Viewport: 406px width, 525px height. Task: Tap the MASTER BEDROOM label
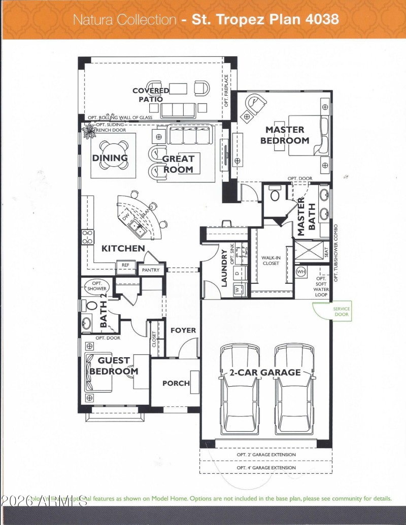coord(285,135)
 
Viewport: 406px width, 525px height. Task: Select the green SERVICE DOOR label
coord(341,311)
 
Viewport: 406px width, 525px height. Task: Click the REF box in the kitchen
coord(125,265)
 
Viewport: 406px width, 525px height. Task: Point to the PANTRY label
coord(151,270)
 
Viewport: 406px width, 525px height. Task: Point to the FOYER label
coord(183,330)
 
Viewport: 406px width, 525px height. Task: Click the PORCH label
coord(176,383)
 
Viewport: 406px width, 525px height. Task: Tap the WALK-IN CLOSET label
coord(270,260)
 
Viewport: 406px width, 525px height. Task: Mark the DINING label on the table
coord(110,158)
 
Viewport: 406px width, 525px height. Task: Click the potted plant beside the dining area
coord(90,131)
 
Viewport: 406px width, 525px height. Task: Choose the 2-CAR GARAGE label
coord(264,372)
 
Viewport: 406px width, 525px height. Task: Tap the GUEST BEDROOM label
coord(114,366)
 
